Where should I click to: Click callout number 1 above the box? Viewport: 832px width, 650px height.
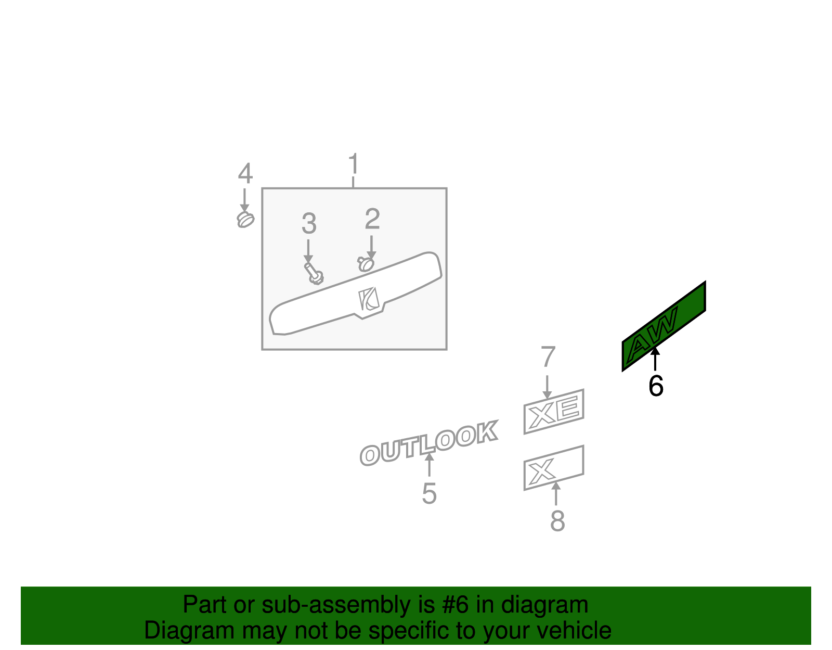pyautogui.click(x=354, y=163)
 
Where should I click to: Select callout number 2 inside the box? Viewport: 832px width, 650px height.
pyautogui.click(x=372, y=219)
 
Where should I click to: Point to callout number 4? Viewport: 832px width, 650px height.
pyautogui.click(x=245, y=173)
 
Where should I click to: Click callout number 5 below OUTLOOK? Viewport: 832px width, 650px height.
pyautogui.click(x=429, y=493)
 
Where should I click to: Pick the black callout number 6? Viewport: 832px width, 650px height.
pyautogui.click(x=656, y=386)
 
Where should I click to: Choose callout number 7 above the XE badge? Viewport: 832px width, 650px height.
pyautogui.click(x=548, y=356)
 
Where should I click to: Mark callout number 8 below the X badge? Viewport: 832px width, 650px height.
pyautogui.click(x=557, y=521)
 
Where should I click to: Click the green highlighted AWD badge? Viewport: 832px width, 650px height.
pyautogui.click(x=664, y=326)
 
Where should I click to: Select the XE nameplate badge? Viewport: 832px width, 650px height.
pyautogui.click(x=554, y=412)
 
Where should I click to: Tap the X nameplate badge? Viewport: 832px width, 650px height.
pyautogui.click(x=554, y=468)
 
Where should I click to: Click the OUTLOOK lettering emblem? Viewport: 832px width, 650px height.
pyautogui.click(x=429, y=443)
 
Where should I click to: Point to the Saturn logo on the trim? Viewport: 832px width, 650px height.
pyautogui.click(x=369, y=299)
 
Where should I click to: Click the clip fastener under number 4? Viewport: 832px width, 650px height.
pyautogui.click(x=245, y=220)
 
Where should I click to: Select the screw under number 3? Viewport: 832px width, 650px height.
pyautogui.click(x=314, y=274)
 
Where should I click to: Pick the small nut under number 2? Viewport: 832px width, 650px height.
pyautogui.click(x=366, y=264)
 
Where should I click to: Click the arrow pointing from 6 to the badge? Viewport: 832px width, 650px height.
pyautogui.click(x=655, y=359)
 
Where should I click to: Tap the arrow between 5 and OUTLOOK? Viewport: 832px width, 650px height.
pyautogui.click(x=430, y=465)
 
